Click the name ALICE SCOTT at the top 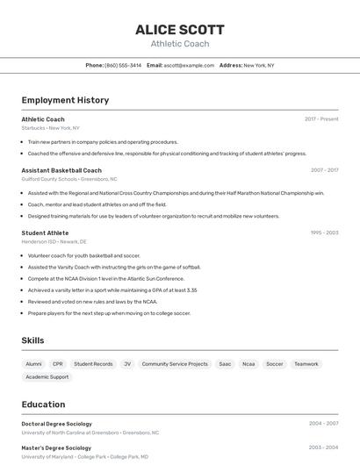click(x=179, y=30)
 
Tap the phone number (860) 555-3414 click(x=123, y=65)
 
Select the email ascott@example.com click(x=189, y=65)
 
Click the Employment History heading click(x=65, y=100)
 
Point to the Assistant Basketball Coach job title click(x=61, y=170)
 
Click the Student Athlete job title click(x=45, y=232)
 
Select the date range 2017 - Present click(x=321, y=119)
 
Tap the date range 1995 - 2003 click(x=324, y=232)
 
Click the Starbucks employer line click(x=50, y=127)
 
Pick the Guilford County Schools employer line click(x=69, y=179)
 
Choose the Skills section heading click(x=32, y=340)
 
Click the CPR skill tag click(x=58, y=363)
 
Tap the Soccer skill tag click(x=275, y=363)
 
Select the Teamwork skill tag click(x=306, y=363)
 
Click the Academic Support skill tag click(x=47, y=377)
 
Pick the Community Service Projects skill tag click(x=175, y=363)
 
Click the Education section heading click(x=43, y=404)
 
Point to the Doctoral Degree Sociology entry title click(x=56, y=424)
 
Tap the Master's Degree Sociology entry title click(x=55, y=447)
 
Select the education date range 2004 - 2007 click(x=323, y=424)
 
